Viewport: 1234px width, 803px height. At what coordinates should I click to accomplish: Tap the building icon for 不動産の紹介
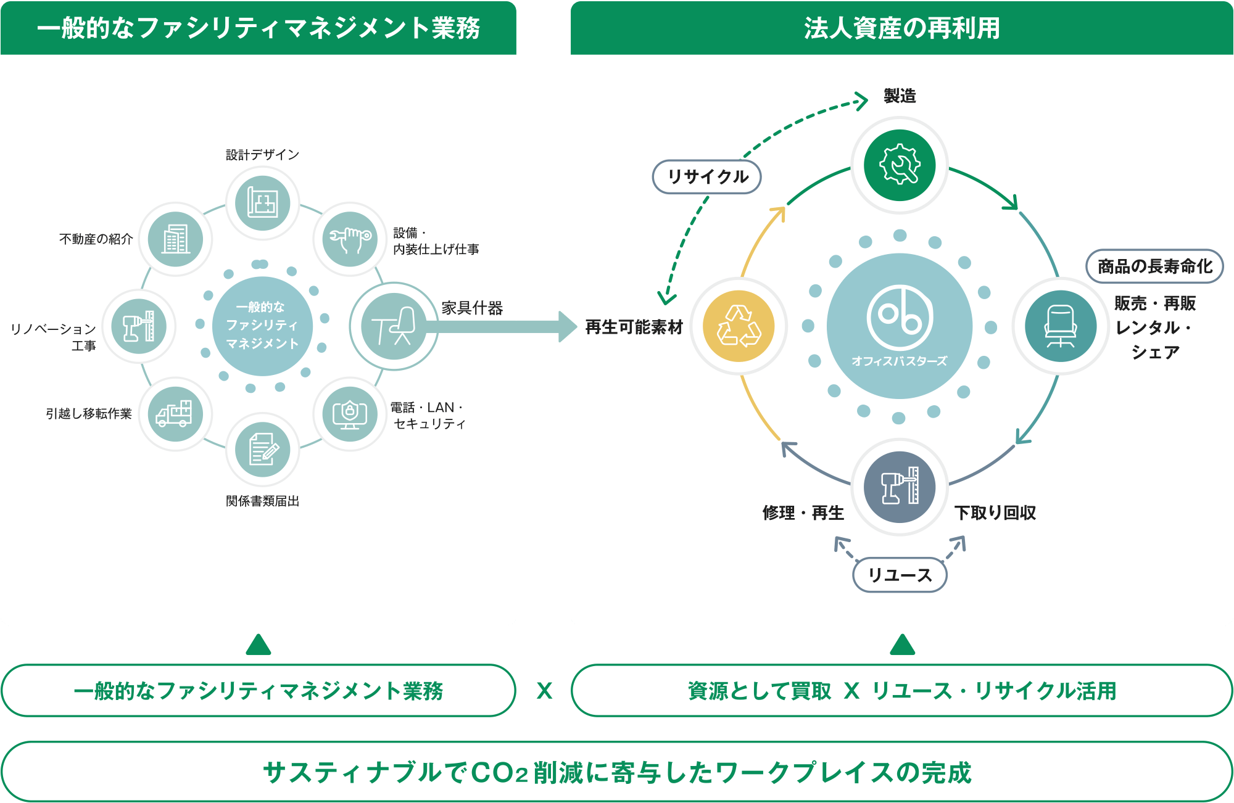click(176, 239)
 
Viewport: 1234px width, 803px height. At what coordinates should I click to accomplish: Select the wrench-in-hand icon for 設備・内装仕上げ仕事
click(350, 239)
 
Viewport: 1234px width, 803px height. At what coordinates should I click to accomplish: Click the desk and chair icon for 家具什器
click(394, 326)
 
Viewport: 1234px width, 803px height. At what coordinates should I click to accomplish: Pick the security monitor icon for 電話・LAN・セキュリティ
click(350, 414)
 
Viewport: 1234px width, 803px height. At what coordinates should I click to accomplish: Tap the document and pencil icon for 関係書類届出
click(263, 450)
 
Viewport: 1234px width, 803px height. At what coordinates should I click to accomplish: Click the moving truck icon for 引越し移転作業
click(175, 414)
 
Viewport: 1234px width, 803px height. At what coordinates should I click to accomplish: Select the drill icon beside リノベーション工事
click(139, 326)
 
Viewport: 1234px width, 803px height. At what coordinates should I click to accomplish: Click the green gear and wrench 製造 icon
click(900, 165)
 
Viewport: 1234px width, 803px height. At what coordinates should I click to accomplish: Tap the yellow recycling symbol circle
click(739, 326)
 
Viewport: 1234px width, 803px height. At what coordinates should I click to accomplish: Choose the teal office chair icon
click(1061, 326)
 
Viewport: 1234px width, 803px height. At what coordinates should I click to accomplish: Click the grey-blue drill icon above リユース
click(900, 487)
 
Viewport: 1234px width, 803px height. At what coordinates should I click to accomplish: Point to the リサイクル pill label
click(707, 177)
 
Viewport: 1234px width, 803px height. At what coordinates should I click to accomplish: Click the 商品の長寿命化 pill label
click(1154, 266)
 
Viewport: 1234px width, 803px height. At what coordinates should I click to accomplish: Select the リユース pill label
click(900, 575)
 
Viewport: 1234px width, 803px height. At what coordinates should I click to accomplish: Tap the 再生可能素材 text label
click(634, 327)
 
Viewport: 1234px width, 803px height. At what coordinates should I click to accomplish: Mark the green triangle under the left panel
click(259, 645)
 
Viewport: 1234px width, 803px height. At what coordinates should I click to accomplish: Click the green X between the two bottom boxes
click(544, 691)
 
